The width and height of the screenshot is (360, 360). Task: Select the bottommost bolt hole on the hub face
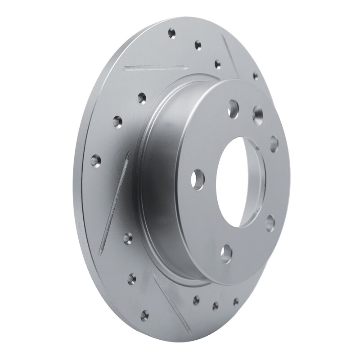click(x=226, y=250)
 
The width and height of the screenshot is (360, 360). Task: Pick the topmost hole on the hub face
click(x=233, y=107)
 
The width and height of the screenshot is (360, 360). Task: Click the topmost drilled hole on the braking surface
click(x=171, y=33)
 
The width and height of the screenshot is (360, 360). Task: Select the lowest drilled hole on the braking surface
click(x=144, y=315)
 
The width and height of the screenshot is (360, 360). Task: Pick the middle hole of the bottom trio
click(x=216, y=306)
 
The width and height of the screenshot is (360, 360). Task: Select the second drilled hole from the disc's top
click(x=198, y=45)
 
